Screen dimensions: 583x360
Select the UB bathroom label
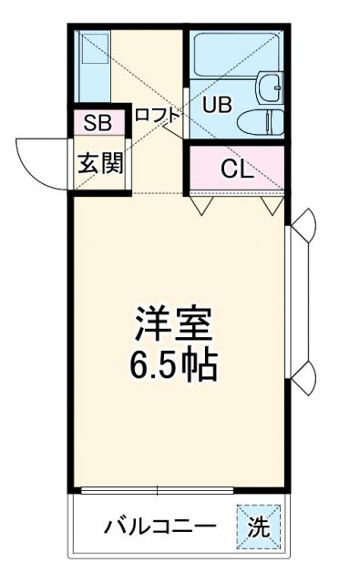click(216, 104)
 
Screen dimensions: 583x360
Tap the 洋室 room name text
click(173, 323)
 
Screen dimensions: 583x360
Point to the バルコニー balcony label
click(159, 527)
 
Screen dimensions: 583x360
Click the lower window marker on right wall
click(304, 373)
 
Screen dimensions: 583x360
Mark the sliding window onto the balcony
click(182, 492)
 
